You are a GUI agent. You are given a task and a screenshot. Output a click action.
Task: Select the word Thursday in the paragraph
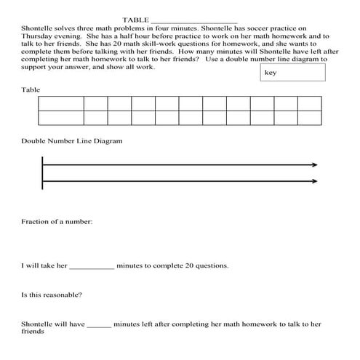point(39,35)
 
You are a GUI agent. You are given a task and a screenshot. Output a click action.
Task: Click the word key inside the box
point(271,72)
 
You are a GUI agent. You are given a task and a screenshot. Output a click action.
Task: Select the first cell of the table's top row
point(61,103)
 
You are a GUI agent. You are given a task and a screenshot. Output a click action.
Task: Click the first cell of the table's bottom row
point(61,118)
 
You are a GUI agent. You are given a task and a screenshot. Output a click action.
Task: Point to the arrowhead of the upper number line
point(314,164)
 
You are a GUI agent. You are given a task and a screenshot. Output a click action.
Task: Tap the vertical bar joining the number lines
point(43,172)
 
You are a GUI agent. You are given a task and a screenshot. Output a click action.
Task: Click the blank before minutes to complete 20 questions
point(92,266)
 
